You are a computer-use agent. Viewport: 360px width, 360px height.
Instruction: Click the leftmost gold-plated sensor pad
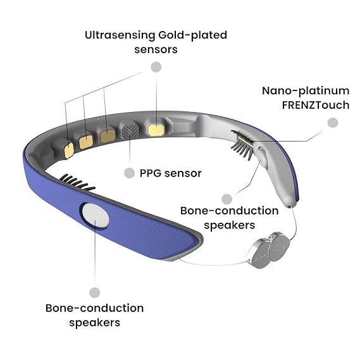pos(69,151)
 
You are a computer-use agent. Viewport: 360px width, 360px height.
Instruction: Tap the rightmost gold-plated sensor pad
pos(156,130)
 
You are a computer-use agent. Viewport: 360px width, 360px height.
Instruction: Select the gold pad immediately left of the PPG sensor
pos(108,135)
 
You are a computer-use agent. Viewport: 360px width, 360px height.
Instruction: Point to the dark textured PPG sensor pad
pos(130,130)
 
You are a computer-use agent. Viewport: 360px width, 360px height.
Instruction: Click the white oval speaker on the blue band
pos(96,215)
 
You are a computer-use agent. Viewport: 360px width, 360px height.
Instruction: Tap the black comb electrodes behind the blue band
pos(77,182)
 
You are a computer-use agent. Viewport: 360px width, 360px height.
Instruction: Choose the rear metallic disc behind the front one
pos(279,246)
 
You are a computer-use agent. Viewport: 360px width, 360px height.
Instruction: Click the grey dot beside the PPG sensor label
pos(129,173)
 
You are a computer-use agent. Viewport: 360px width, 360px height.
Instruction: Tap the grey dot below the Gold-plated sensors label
pos(156,67)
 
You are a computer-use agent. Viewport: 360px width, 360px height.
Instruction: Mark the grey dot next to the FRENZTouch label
pos(333,123)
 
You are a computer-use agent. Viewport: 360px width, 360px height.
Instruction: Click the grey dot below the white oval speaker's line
pos(95,292)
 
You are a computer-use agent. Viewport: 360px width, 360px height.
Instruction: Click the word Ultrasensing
pos(120,35)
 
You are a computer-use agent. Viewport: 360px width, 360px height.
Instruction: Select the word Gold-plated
pos(192,36)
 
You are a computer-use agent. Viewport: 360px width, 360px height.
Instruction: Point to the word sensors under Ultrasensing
pos(156,50)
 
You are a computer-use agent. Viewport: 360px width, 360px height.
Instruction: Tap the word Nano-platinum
pos(306,91)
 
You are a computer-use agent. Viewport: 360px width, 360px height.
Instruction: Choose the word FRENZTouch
pos(316,106)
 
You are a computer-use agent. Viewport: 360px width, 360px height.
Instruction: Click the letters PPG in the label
pos(151,173)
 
